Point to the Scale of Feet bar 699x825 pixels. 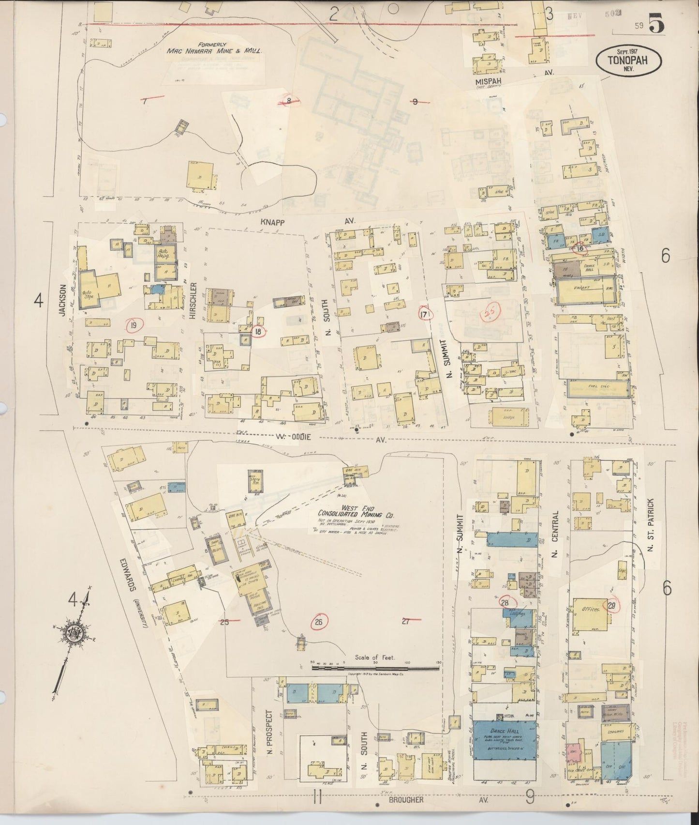pos(376,668)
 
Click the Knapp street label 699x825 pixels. pos(274,221)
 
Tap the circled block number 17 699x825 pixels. pos(425,314)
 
